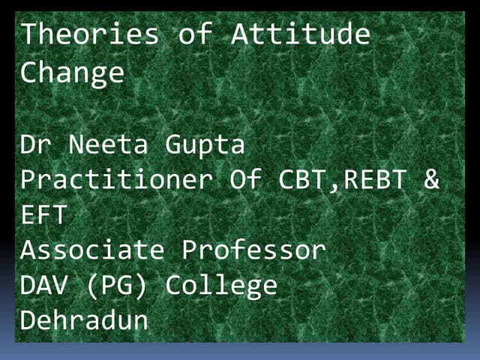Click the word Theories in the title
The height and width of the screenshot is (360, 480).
pyautogui.click(x=89, y=34)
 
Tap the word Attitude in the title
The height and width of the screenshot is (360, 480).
pyautogui.click(x=300, y=34)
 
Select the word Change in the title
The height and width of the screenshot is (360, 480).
pyautogui.click(x=72, y=73)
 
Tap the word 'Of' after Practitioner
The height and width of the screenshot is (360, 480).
pyautogui.click(x=259, y=180)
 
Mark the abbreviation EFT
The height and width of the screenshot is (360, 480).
pyautogui.click(x=44, y=216)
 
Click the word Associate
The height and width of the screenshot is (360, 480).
pyautogui.click(x=93, y=250)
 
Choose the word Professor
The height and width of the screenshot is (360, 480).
pyautogui.click(x=254, y=250)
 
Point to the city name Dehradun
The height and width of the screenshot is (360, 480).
pyautogui.click(x=85, y=321)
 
